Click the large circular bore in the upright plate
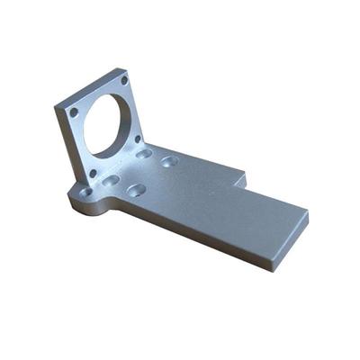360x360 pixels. point(106,123)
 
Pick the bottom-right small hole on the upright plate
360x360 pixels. point(138,139)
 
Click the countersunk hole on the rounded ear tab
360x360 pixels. point(84,193)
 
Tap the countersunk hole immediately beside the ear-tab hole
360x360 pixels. point(112,181)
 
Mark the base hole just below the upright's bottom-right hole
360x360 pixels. point(144,154)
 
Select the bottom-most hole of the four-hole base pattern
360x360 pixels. point(137,190)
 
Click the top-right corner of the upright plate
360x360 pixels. point(128,69)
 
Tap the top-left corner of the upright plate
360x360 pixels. point(56,106)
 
